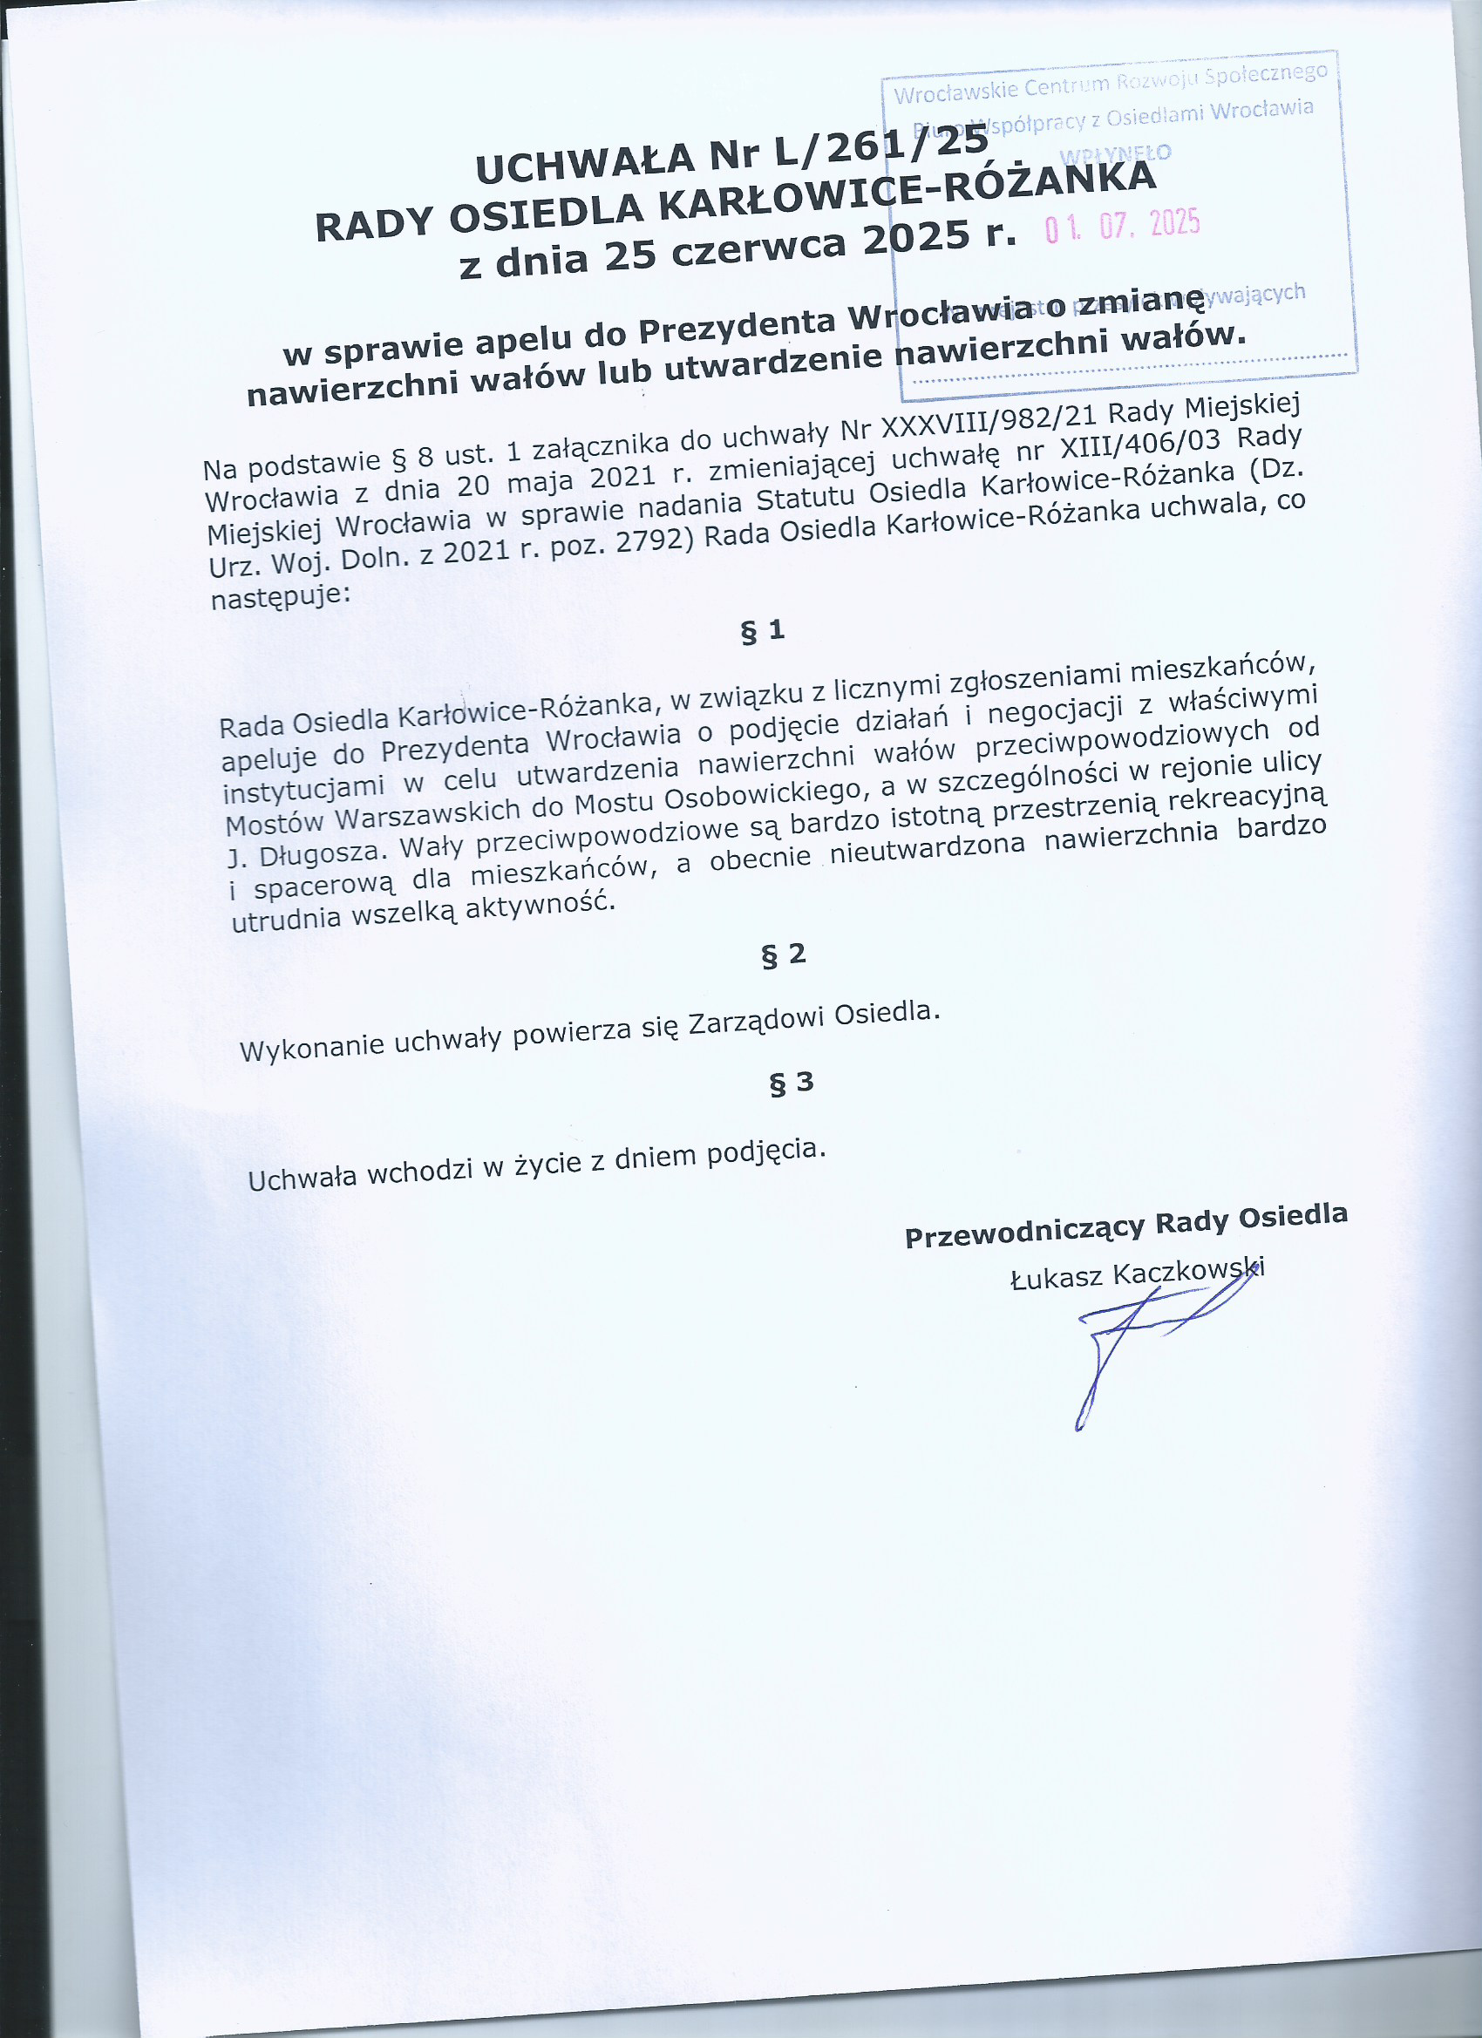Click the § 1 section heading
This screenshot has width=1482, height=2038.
[x=762, y=632]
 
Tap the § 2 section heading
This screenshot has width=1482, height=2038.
[x=784, y=955]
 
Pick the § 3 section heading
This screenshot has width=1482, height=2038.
[x=791, y=1083]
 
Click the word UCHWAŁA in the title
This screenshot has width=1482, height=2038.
[x=585, y=165]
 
